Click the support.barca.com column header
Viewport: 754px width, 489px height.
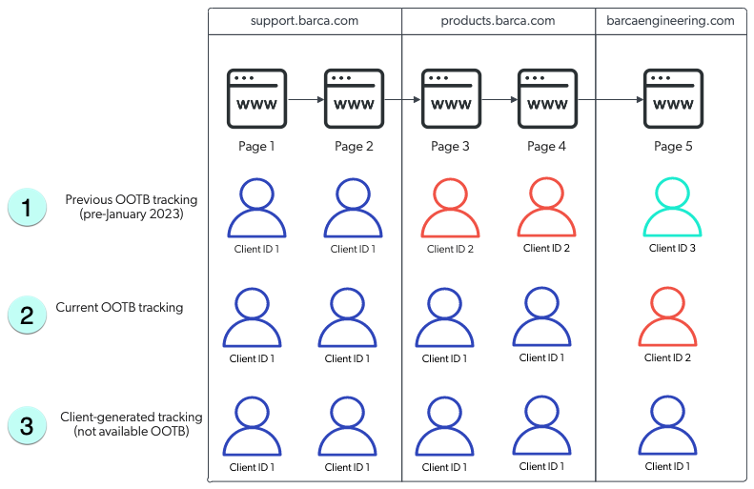click(304, 20)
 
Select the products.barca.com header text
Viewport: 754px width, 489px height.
click(498, 20)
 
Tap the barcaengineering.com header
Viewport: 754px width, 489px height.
click(672, 20)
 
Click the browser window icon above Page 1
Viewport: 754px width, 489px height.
click(256, 98)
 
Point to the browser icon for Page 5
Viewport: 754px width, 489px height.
click(673, 98)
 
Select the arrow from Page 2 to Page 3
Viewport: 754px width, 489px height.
click(402, 98)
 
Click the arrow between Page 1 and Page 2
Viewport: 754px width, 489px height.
click(305, 98)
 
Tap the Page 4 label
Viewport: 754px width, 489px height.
click(546, 147)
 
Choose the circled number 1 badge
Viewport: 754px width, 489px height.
click(27, 207)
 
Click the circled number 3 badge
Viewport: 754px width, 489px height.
click(27, 426)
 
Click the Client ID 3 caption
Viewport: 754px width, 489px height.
click(673, 249)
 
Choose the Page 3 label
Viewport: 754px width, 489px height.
click(451, 147)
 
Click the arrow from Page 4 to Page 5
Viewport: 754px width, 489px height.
click(610, 98)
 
